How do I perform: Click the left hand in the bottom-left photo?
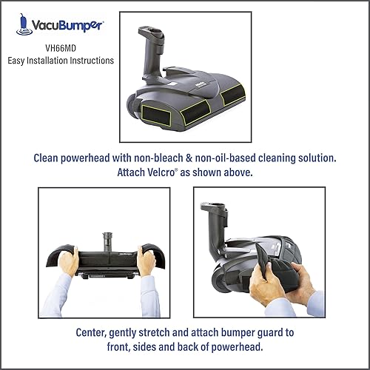click(x=69, y=263)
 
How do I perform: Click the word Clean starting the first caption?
click(x=50, y=158)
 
